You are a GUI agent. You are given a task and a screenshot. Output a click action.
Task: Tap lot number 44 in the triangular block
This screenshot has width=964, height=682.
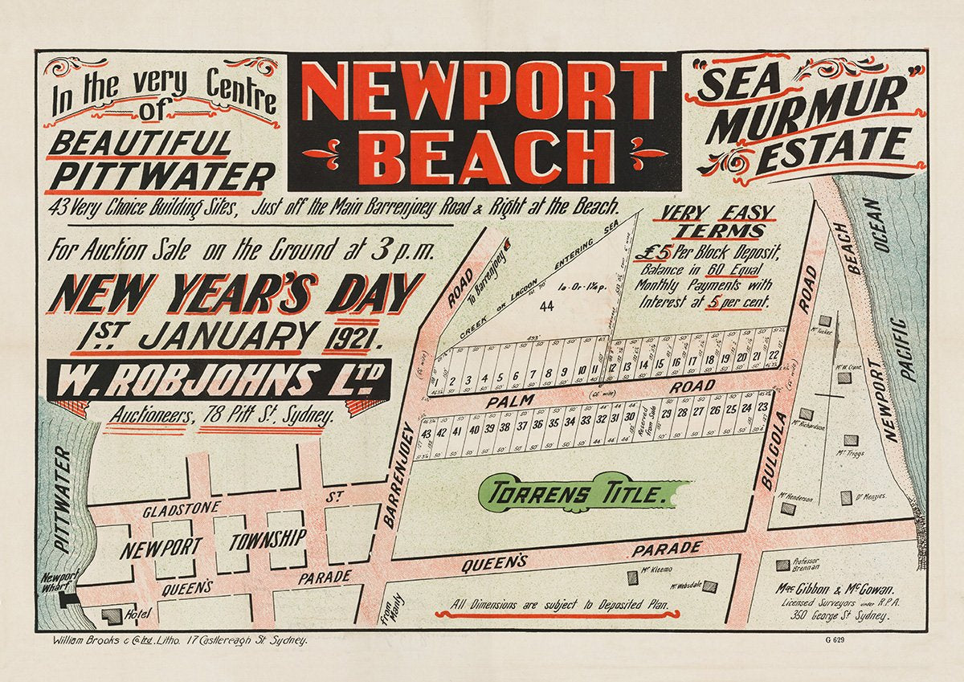(547, 306)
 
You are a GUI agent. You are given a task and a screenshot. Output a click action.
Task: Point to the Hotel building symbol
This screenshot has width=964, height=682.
(111, 615)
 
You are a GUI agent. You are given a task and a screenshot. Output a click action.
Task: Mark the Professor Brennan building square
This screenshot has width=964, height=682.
(782, 566)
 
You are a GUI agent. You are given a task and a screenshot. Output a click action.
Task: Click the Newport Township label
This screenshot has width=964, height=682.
(213, 544)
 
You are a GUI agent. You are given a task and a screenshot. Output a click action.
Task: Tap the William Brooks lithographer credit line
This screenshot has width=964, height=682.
(179, 640)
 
